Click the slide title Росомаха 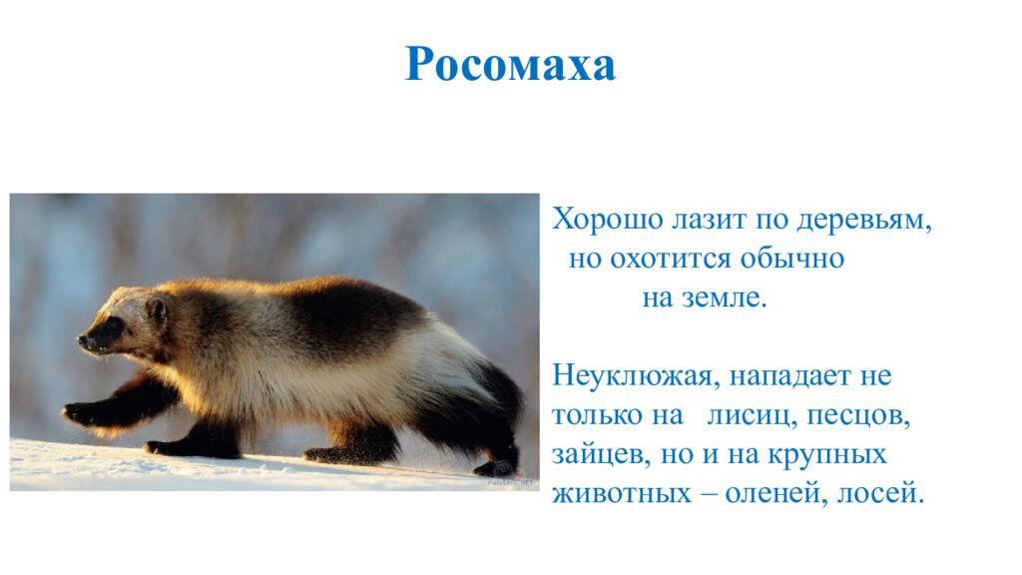(510, 66)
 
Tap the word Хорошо (594, 220)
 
